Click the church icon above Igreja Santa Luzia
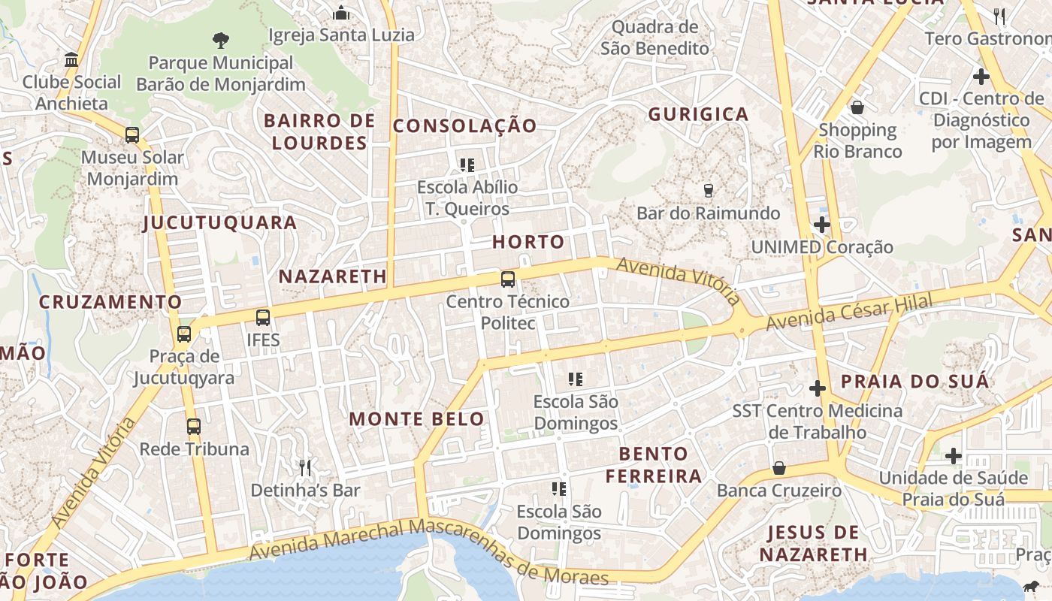coord(341,13)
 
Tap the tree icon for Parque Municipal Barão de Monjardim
coord(221,40)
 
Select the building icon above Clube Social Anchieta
coord(71,59)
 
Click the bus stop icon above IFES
coord(262,317)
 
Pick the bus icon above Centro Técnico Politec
coord(508,279)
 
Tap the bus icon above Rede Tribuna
coord(194,427)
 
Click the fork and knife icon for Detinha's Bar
coord(305,468)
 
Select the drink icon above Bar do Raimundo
coord(708,191)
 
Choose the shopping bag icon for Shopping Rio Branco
coord(857,107)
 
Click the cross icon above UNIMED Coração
coord(821,225)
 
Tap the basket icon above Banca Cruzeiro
coord(779,468)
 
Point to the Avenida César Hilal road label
coord(849,312)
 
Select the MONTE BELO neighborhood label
coord(417,419)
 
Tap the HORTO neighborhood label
coord(528,242)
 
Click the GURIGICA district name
coord(698,114)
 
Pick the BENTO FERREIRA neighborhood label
coord(654,464)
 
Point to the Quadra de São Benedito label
coord(654,38)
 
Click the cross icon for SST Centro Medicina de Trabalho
coord(817,388)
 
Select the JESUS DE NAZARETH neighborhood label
coord(813,544)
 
